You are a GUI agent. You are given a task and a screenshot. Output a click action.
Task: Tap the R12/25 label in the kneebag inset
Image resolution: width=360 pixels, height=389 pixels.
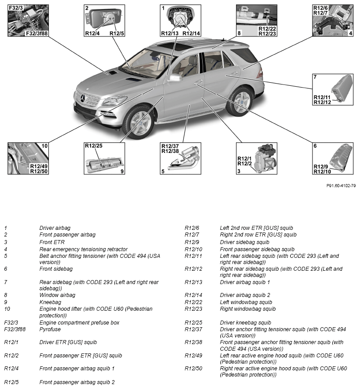[93, 146]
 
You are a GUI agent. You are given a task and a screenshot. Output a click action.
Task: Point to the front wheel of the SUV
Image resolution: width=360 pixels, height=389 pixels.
[138, 120]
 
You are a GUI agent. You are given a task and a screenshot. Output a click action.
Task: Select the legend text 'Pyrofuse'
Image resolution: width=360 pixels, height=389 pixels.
[50, 329]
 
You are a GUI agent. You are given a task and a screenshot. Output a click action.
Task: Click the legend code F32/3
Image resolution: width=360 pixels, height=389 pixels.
[11, 322]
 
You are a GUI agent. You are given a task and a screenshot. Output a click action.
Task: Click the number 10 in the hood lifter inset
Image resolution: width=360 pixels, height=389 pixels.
[44, 146]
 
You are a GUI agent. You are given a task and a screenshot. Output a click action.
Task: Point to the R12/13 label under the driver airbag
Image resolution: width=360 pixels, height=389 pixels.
[170, 33]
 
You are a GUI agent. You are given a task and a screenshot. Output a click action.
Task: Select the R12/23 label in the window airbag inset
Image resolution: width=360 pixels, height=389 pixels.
[267, 33]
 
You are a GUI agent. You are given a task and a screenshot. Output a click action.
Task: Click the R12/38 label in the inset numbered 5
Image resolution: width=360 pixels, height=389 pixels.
[170, 151]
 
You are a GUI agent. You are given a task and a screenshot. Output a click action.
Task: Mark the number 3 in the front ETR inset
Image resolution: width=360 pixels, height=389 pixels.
[239, 171]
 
